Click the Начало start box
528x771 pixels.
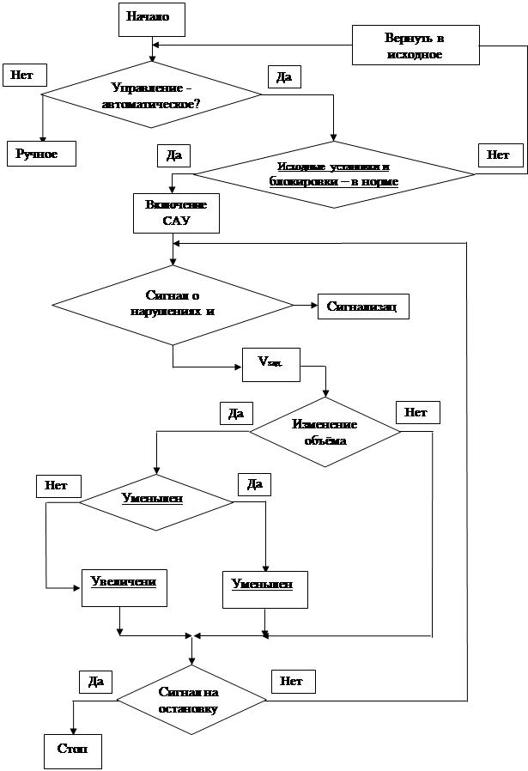152,18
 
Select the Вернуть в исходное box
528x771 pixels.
415,46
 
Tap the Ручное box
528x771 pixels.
41,154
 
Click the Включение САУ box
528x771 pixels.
176,213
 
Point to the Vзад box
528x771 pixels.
270,364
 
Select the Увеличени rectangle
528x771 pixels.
124,587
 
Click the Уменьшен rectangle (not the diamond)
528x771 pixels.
263,589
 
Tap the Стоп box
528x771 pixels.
73,750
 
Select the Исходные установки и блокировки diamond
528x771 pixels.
334,174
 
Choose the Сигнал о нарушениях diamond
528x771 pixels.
173,304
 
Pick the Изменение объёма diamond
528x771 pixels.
325,432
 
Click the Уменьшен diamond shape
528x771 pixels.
156,499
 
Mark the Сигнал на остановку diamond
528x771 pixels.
191,701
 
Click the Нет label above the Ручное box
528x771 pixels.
23,75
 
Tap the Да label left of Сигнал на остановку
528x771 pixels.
95,682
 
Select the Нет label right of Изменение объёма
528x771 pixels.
416,413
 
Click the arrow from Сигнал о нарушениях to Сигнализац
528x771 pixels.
304,305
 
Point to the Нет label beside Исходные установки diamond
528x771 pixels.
498,155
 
